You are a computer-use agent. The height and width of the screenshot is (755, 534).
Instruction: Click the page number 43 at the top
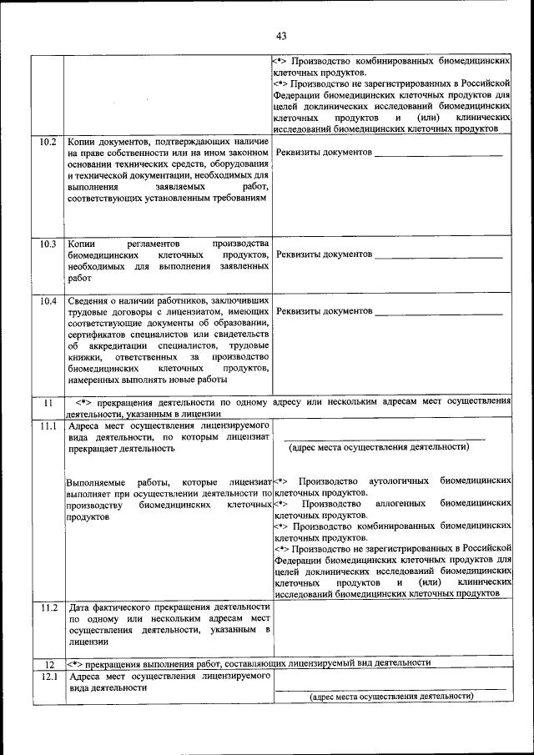point(280,36)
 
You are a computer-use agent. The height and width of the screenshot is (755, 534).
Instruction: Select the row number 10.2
point(48,142)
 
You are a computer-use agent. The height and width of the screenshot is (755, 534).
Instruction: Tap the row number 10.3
point(48,244)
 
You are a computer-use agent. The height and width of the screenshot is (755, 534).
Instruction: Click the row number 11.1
point(48,426)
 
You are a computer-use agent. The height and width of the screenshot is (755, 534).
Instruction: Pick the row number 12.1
point(48,677)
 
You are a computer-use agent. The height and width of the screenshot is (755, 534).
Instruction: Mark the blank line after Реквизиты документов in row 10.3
point(438,254)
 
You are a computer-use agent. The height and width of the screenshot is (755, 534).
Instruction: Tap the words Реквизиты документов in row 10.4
point(324,311)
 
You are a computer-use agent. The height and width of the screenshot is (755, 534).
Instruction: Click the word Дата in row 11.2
point(81,607)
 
